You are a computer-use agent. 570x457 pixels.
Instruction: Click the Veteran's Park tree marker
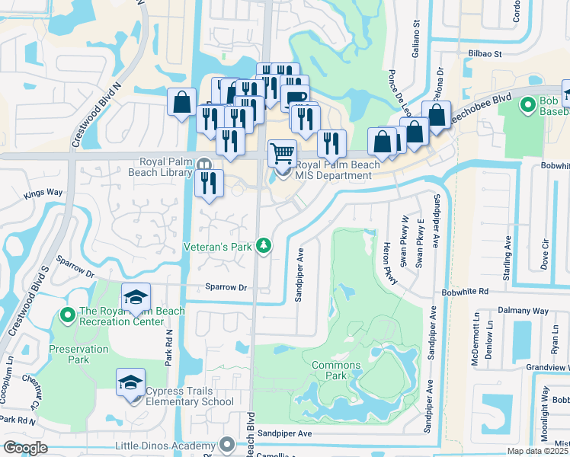tap(264, 245)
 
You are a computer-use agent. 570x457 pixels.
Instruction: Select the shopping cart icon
tap(282, 152)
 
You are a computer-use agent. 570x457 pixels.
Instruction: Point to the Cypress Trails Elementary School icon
tap(130, 382)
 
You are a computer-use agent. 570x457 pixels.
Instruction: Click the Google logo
tap(25, 448)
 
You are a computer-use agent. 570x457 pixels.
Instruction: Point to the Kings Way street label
tap(43, 194)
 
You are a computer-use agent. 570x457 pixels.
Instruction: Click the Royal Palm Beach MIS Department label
tap(333, 169)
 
